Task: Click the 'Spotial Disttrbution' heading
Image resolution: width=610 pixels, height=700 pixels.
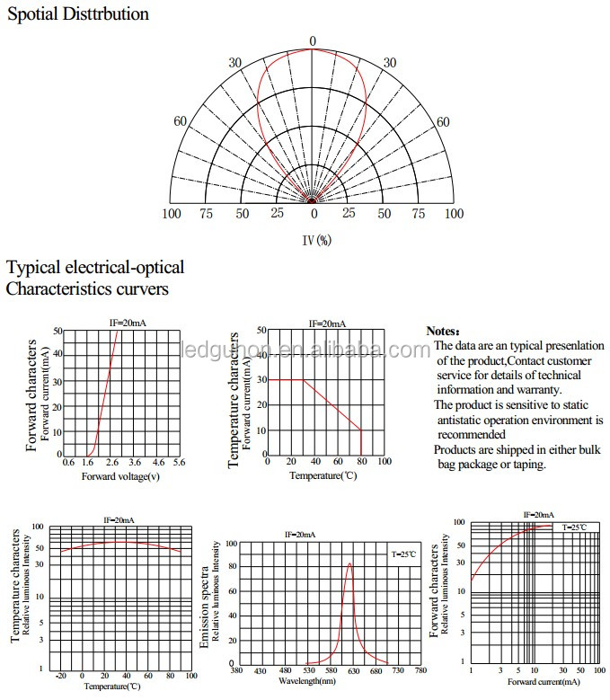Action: click(78, 14)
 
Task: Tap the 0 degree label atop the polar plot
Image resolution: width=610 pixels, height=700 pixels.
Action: click(313, 41)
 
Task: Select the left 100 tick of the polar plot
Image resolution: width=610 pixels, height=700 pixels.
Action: click(172, 214)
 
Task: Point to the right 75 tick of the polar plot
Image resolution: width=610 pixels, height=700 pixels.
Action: click(419, 214)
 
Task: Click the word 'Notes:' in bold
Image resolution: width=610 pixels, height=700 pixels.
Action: click(443, 332)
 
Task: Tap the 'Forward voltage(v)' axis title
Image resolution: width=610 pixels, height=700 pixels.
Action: click(120, 476)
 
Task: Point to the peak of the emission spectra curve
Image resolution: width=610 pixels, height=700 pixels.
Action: click(349, 564)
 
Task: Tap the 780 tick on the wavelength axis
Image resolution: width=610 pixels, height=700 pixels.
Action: click(419, 671)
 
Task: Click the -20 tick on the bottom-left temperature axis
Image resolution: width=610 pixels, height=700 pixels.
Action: click(61, 676)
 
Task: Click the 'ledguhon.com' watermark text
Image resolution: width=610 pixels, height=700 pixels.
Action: click(305, 350)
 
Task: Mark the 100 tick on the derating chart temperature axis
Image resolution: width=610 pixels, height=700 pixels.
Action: click(384, 462)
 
